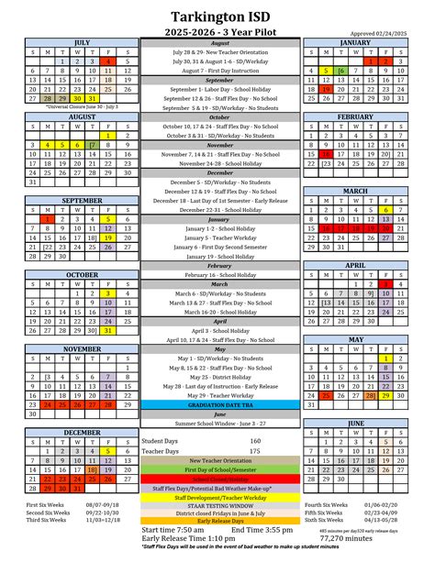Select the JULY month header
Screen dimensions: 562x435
pyautogui.click(x=82, y=42)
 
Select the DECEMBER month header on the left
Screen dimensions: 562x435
pyautogui.click(x=82, y=431)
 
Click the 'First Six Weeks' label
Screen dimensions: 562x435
pyautogui.click(x=43, y=505)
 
